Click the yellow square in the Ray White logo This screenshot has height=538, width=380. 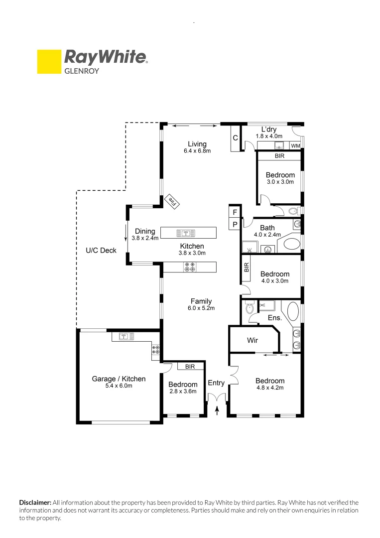coord(49,61)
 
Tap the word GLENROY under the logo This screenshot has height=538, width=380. coord(82,71)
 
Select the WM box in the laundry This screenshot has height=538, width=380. coord(295,146)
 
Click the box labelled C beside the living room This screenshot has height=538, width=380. coord(236,137)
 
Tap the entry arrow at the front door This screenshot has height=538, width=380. coord(217,410)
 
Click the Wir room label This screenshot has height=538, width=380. coord(253,341)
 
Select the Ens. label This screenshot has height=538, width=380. coord(275,317)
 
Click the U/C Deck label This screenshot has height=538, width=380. coord(101,250)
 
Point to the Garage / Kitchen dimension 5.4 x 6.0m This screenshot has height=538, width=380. coord(119,386)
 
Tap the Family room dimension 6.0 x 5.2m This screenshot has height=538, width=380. coord(201,308)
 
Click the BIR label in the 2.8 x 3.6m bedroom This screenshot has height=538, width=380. coord(190,367)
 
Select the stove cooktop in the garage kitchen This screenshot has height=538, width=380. coord(155,350)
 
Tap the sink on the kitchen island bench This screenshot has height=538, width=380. coord(185,233)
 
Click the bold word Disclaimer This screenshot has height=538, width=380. coord(35,503)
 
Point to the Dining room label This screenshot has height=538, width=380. coord(145,231)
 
